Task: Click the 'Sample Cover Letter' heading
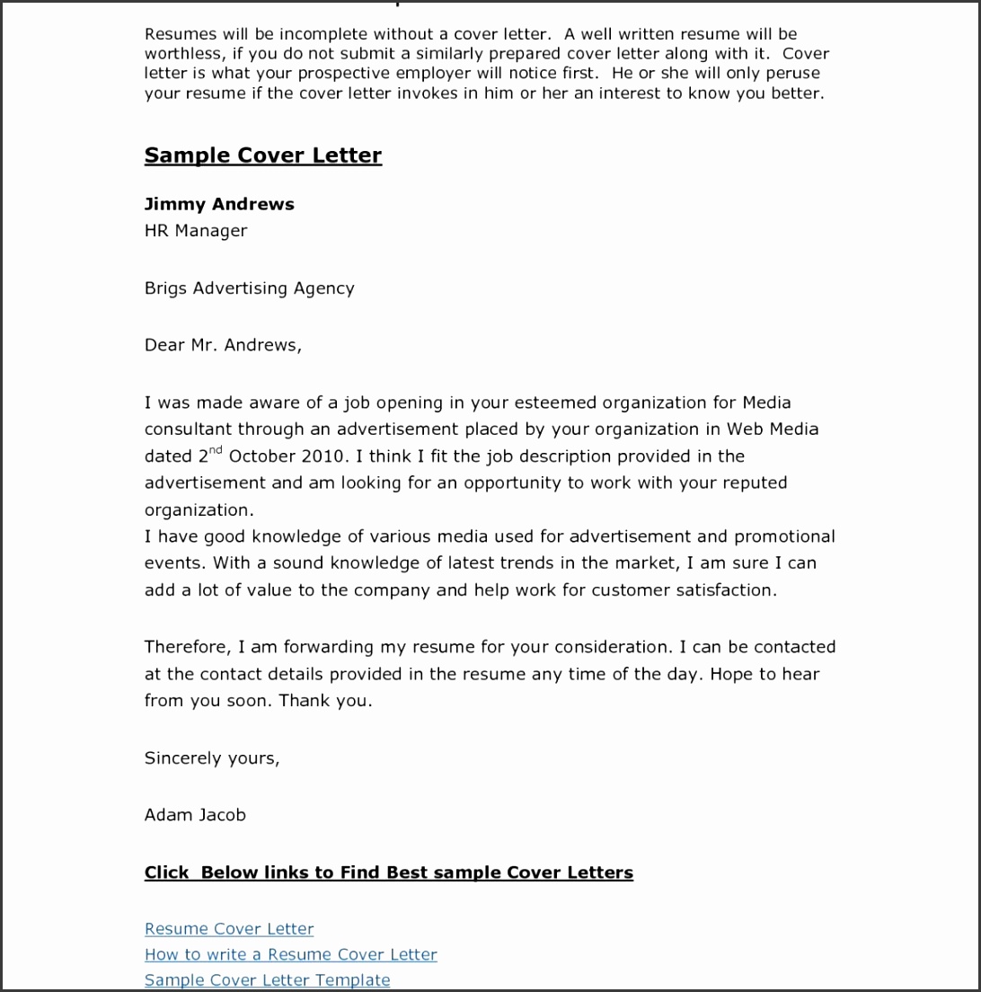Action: (263, 155)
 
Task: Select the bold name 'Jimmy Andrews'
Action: (219, 204)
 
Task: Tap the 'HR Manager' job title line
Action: (196, 231)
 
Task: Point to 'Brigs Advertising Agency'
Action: (250, 288)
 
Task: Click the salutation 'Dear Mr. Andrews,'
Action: (223, 345)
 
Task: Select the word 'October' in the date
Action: (262, 456)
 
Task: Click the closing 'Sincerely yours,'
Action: (212, 758)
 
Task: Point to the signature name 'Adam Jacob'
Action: (195, 815)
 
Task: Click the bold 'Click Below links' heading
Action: (389, 872)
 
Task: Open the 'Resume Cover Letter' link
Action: (229, 929)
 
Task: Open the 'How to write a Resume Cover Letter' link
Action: (291, 954)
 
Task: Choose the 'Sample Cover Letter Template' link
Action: (268, 980)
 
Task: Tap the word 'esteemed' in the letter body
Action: (553, 403)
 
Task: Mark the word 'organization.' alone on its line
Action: (199, 510)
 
